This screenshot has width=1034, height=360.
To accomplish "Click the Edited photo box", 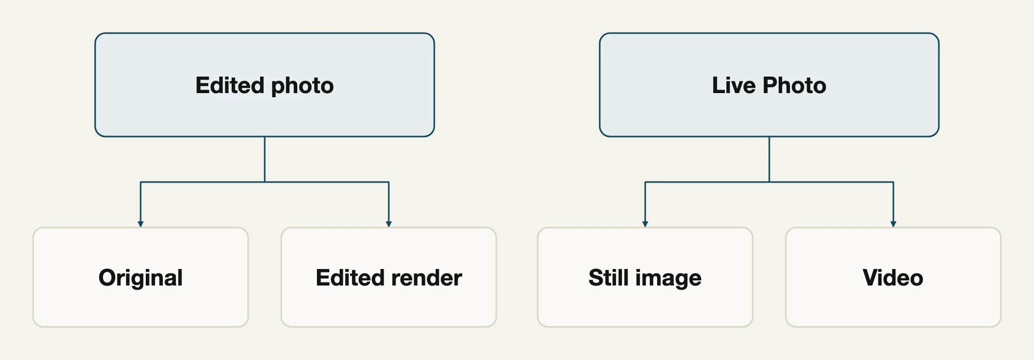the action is point(265,85).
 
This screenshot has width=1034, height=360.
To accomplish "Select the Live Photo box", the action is point(769,85).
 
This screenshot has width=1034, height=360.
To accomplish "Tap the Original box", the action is point(141,277).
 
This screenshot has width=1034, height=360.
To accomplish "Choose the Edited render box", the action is point(389,277).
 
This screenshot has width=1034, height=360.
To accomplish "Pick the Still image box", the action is point(645,277).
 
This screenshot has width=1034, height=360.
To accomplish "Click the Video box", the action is point(893,277).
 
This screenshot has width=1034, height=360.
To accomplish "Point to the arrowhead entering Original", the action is point(141,224).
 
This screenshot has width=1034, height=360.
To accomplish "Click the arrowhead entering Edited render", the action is point(389,224).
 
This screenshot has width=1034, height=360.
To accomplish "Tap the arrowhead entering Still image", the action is point(645,224).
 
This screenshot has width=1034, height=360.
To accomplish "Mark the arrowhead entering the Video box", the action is point(893,224).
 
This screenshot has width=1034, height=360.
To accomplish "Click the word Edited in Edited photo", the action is point(230,85).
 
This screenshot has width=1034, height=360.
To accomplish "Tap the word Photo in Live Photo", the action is point(795,85).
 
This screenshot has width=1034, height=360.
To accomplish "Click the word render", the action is point(427,278).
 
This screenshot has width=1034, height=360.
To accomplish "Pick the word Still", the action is point(609,278).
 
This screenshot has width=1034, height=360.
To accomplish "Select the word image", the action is point(669,279).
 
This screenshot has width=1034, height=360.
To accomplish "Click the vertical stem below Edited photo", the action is point(265,159).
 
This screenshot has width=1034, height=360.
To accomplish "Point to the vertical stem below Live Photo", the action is point(769,159).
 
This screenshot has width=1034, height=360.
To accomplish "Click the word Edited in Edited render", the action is point(351,278).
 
